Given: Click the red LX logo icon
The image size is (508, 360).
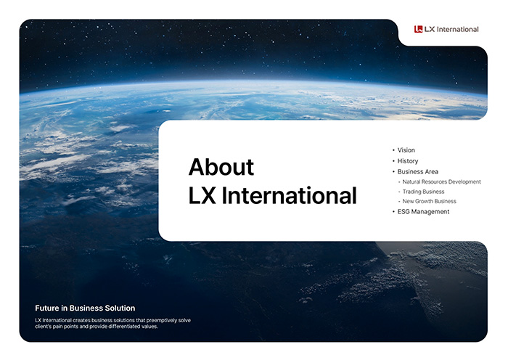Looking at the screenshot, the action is point(418,29).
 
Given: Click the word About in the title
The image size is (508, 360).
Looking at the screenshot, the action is point(221,167).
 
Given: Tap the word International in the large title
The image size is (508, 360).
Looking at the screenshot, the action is point(290,196).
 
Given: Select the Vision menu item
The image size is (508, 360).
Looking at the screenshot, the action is point(406,150).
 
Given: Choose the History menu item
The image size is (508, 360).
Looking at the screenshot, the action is point(408,160).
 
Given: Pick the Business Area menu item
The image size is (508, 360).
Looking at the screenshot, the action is point(417,171).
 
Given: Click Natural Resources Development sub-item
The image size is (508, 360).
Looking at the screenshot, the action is point(441,181).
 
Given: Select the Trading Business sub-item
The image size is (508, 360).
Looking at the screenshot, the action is point(423,192).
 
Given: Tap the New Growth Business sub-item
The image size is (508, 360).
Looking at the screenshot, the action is point(429,201).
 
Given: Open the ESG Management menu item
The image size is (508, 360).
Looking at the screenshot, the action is point(423,212).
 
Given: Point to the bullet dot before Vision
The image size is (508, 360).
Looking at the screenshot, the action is point(393,150).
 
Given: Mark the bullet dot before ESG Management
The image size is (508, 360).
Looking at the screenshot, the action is point(393,212).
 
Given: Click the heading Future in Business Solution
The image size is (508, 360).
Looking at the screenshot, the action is point(85,308).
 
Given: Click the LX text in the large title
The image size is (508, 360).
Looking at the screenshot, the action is point(202,196).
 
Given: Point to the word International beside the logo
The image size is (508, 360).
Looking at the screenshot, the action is point(457,29).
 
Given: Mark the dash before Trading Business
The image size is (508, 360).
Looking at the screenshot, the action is point(399,192).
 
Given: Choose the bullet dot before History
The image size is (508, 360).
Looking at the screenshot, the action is point(393,161).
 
